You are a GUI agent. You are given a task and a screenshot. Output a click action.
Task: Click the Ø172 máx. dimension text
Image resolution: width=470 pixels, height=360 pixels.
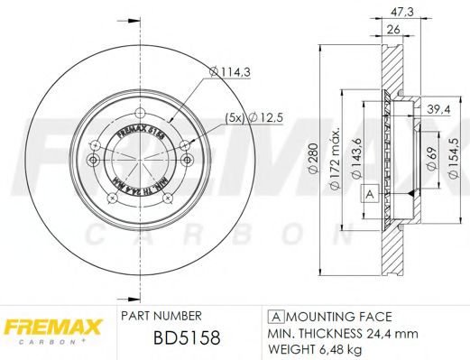coord(333,160)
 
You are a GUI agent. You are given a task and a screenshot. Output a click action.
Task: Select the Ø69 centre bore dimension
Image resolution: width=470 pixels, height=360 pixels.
coord(432,162)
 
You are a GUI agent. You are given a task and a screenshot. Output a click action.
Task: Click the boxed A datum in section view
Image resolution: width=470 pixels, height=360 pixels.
coord(368,194)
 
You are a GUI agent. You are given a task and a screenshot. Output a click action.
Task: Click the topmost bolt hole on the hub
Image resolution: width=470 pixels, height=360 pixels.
coord(140,114)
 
